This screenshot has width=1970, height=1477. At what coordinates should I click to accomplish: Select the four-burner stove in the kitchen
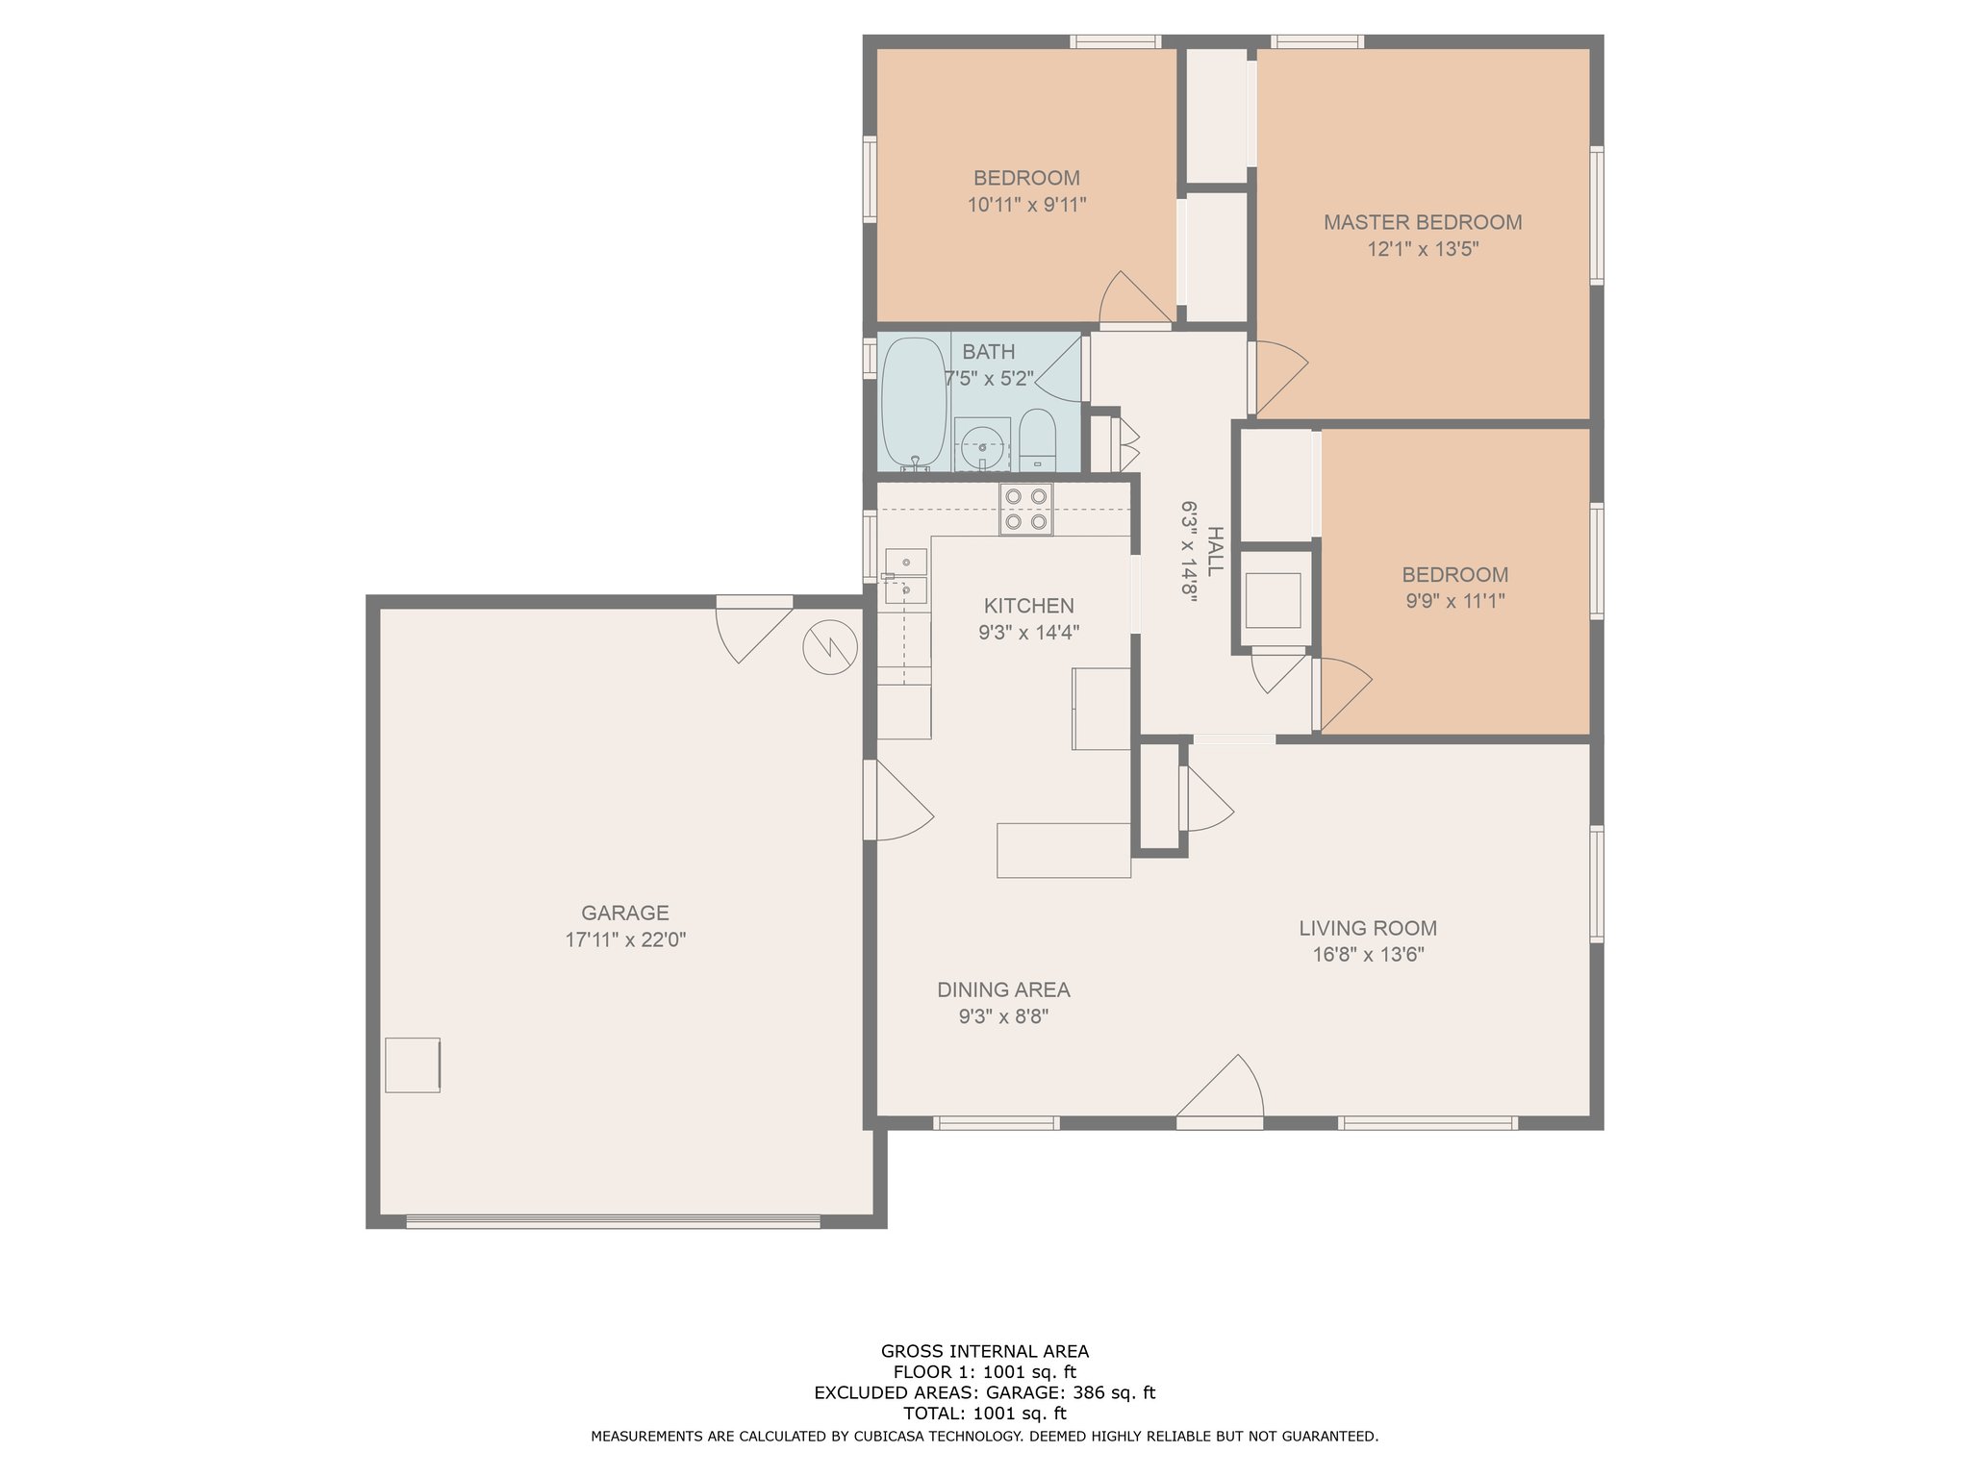coord(1025,510)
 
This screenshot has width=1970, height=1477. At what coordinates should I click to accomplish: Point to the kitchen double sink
coord(905,576)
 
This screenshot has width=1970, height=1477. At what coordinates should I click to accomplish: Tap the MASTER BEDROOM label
coord(1423,222)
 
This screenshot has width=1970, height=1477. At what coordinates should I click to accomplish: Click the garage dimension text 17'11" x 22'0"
coord(625,939)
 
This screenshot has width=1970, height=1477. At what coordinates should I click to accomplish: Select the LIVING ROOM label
coord(1368,928)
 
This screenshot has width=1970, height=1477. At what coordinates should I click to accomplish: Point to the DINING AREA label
coord(1003,989)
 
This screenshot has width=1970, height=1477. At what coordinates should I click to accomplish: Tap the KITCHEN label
coord(1028,606)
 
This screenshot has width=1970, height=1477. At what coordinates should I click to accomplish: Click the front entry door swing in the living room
coord(1220,1090)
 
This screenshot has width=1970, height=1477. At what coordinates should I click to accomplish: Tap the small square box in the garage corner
coord(413,1064)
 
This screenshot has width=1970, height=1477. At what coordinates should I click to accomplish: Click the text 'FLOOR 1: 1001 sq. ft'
coord(984,1372)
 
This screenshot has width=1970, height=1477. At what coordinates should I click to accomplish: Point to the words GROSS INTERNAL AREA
coord(985,1351)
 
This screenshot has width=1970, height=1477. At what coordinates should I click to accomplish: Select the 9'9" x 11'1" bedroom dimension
coord(1454,601)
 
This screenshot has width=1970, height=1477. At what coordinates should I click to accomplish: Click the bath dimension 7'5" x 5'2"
coord(989,379)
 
